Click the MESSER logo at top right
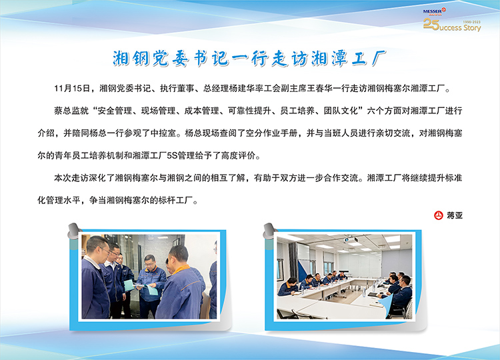coord(434,12)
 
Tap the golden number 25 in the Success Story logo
coord(431,24)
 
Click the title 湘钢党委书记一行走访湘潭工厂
coord(249,59)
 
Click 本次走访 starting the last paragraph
coord(71,178)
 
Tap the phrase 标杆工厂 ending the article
coord(175,200)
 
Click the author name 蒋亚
coord(455,215)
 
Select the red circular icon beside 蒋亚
coord(439,215)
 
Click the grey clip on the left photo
coord(74,231)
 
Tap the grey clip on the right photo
coord(270,231)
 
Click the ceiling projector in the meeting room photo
coord(351,239)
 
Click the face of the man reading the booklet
coord(149,262)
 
